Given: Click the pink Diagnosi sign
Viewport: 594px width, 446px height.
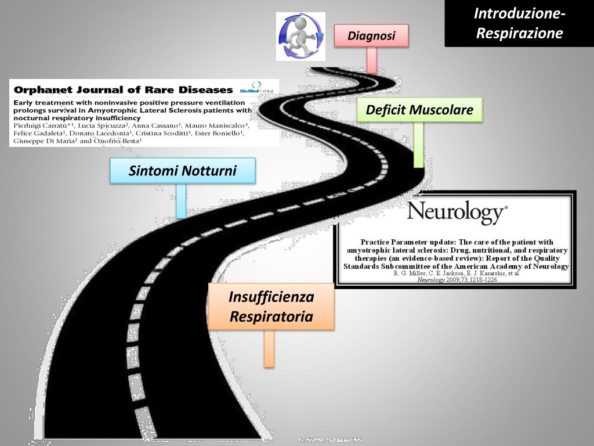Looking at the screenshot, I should (371, 35).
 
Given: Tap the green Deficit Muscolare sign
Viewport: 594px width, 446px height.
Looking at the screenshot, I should (419, 110).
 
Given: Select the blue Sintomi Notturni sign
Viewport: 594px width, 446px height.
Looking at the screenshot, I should (183, 171).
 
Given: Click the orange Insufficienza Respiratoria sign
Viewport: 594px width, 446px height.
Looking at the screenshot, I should (271, 307).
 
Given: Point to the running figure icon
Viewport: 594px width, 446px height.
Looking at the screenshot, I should (300, 36).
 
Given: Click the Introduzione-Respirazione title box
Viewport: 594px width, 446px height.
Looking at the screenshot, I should (519, 23).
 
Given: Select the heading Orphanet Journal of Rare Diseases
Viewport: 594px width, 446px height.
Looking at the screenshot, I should (123, 90).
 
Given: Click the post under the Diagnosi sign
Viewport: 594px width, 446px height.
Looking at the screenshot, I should (372, 59).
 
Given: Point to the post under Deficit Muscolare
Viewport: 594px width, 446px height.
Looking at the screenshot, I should (418, 145).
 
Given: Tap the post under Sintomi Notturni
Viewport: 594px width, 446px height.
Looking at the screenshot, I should (181, 200).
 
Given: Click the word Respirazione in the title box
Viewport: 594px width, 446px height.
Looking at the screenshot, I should (519, 33).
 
